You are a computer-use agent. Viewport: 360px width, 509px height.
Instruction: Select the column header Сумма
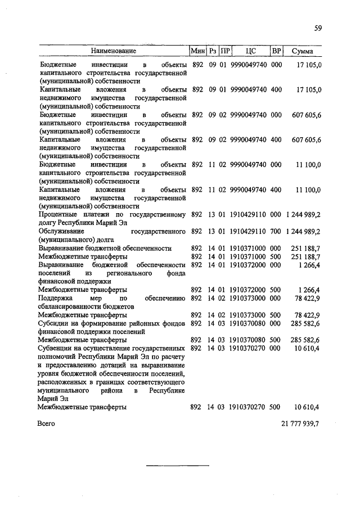pyautogui.click(x=303, y=51)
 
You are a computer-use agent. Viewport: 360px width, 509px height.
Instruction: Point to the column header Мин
pyautogui.click(x=197, y=51)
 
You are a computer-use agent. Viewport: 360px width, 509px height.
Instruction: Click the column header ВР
pyautogui.click(x=276, y=51)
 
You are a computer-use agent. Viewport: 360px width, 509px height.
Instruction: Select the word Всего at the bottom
pyautogui.click(x=47, y=424)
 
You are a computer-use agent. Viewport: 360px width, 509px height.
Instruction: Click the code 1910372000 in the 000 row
pyautogui.click(x=248, y=265)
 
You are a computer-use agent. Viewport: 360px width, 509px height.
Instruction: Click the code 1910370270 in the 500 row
pyautogui.click(x=248, y=407)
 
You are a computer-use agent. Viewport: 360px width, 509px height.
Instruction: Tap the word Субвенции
pyautogui.click(x=56, y=349)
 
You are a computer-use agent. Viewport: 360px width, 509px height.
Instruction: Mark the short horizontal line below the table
pyautogui.click(x=178, y=465)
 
